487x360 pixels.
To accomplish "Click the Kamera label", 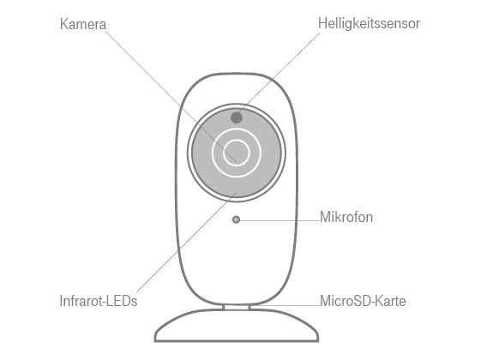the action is [x=83, y=24].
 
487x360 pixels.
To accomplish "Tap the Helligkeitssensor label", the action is [x=369, y=24].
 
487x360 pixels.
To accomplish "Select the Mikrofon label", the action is [x=346, y=217].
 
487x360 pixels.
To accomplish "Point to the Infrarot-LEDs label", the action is [x=98, y=301].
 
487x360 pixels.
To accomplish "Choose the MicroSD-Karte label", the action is [x=363, y=301].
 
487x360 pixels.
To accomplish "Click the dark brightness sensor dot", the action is [x=237, y=117].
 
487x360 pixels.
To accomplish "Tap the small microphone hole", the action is [x=236, y=219].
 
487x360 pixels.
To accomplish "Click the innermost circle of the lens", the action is [x=237, y=140].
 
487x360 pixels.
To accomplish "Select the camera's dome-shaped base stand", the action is [x=237, y=326].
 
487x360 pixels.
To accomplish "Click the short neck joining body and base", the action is [x=237, y=307].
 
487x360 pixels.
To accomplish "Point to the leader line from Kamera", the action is [x=171, y=96].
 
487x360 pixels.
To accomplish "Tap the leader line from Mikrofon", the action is [x=280, y=220].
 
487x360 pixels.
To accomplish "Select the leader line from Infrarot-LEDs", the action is [x=187, y=243].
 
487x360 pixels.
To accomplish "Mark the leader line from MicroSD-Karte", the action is [x=285, y=305].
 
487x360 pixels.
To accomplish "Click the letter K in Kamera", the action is [x=63, y=24].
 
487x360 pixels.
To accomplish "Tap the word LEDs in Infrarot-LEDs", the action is [x=123, y=301].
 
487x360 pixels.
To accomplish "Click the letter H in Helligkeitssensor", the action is [x=322, y=23].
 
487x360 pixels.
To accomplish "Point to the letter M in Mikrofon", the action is [x=325, y=217].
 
